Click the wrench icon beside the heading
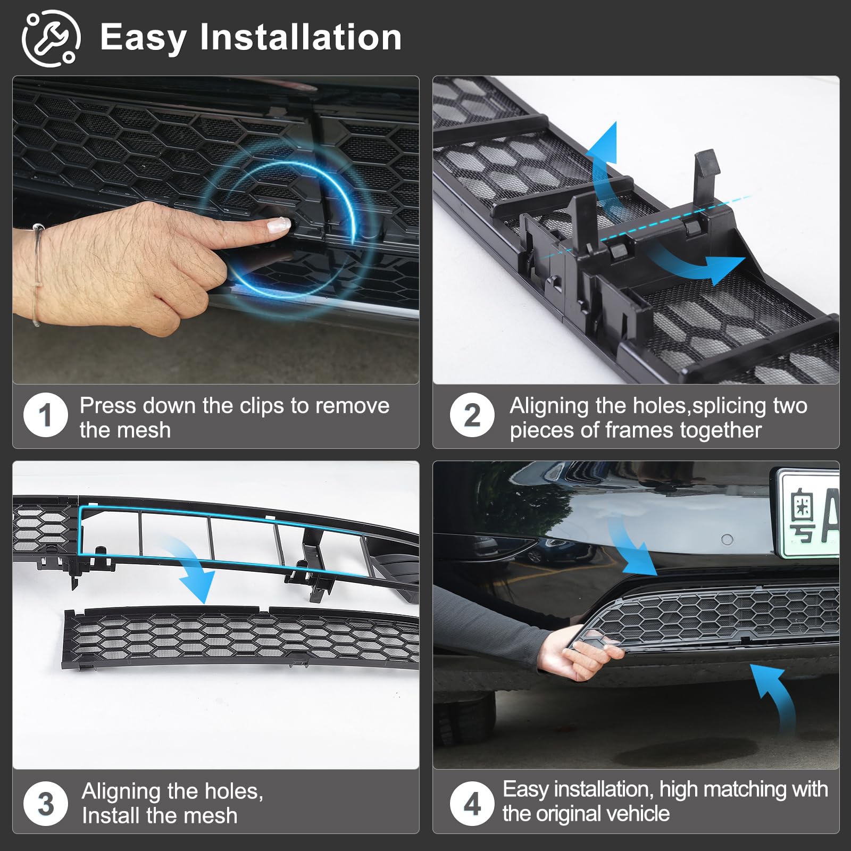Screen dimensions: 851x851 coord(51,38)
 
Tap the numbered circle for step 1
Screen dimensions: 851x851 coord(46,415)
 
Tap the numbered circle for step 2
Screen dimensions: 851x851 coord(472,415)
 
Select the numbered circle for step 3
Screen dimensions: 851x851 coord(46,803)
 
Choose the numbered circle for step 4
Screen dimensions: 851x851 coord(472,803)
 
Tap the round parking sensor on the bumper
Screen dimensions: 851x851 coord(727,540)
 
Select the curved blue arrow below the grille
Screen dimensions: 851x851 coord(777,697)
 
